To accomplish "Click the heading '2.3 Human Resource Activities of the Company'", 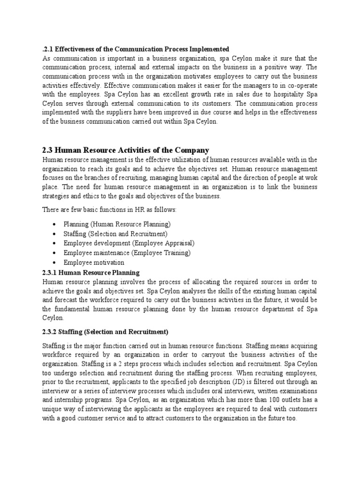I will pos(126,150).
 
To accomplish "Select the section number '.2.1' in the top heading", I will pos(48,49).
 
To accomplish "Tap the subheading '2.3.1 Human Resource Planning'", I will pos(91,272).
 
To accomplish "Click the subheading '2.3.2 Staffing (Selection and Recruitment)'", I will pos(105,332).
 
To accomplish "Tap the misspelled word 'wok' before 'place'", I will pos(312,178).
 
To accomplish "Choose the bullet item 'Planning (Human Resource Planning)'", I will pos(117,224).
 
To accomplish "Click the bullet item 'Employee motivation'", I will pos(94,262).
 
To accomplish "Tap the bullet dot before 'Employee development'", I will pos(55,244).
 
